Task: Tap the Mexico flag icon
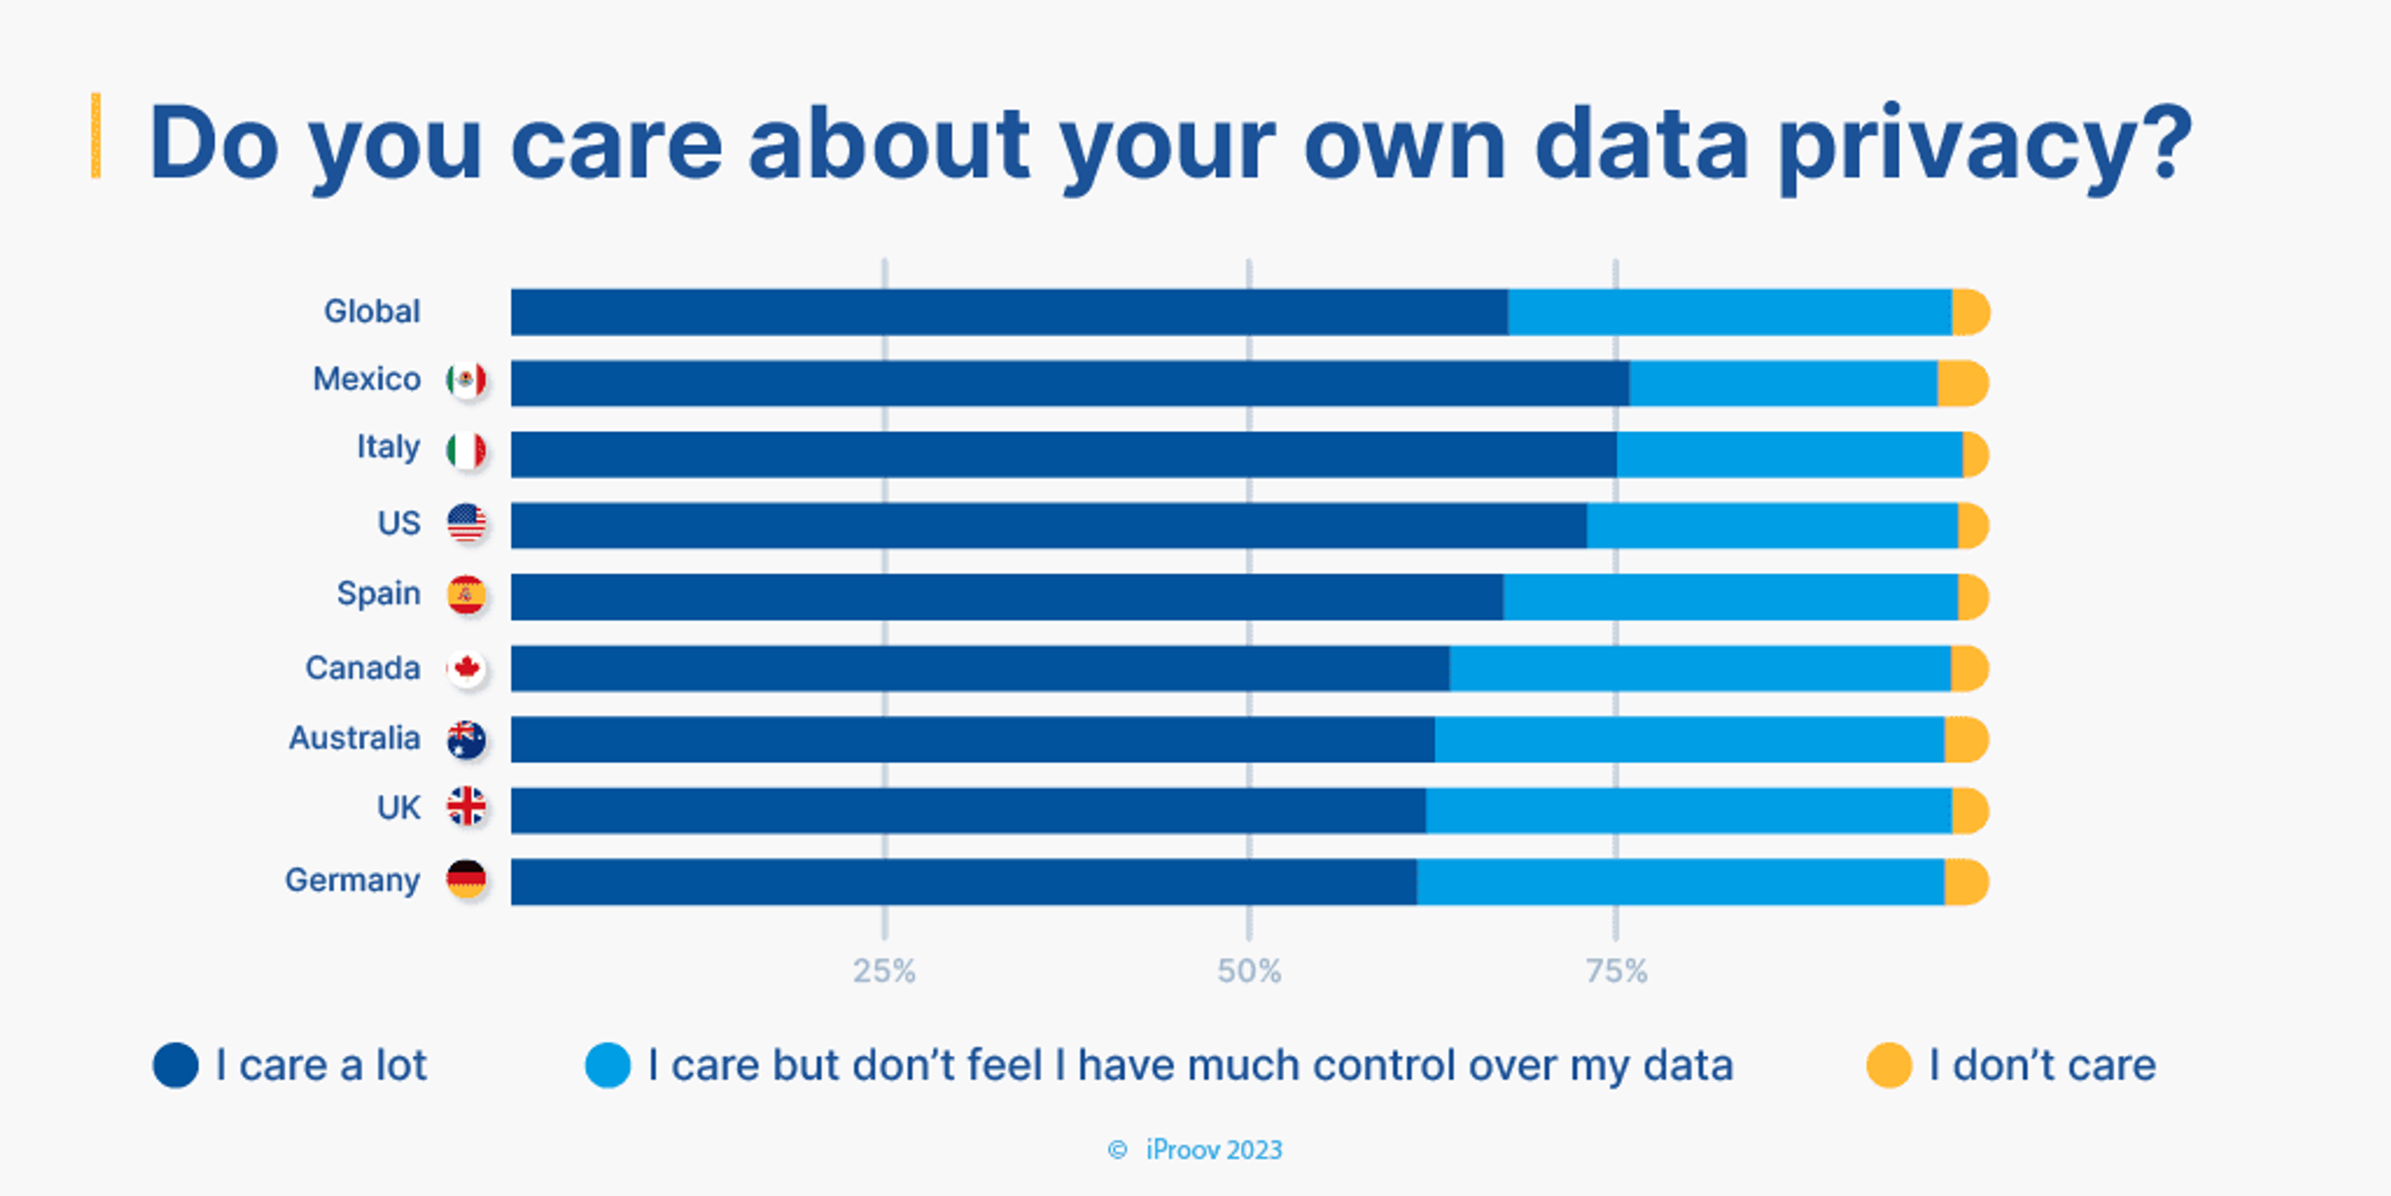coord(466,380)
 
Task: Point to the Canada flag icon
coord(466,668)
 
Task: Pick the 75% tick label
coord(1616,971)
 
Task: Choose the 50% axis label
coord(1249,971)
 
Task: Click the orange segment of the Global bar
coord(1969,312)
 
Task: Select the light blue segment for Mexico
coord(1782,383)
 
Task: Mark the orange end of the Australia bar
coord(1965,739)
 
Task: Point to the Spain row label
coord(378,593)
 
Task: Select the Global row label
coord(371,311)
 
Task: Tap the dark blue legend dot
coord(176,1065)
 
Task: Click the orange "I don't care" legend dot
coord(1889,1065)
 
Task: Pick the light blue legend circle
coord(608,1065)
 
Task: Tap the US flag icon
coord(466,523)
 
